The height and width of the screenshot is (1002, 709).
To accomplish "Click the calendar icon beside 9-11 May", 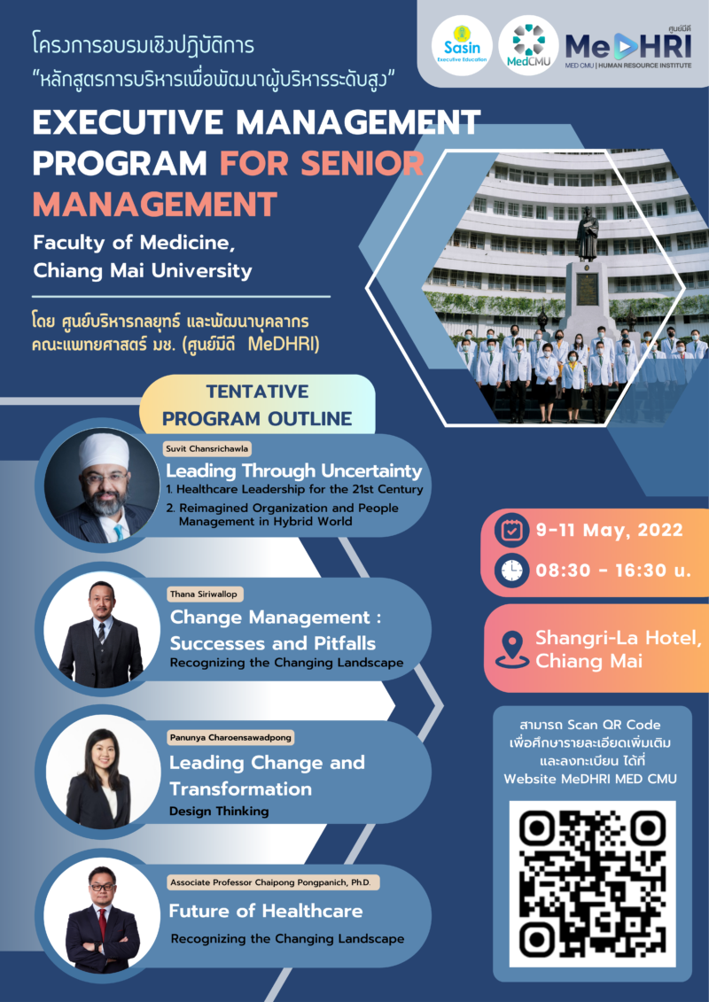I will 511,532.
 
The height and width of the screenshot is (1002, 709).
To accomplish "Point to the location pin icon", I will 511,649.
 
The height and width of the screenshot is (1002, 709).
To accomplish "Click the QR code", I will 592,883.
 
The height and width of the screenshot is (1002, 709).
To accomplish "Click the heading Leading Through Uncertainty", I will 294,470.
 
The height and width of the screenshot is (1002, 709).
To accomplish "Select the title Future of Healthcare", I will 266,910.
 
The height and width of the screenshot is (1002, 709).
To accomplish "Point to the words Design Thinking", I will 219,811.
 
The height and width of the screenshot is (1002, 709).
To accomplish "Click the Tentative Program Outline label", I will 257,405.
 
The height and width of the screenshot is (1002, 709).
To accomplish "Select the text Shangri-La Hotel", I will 618,639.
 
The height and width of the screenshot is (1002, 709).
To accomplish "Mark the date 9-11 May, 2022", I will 609,532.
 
